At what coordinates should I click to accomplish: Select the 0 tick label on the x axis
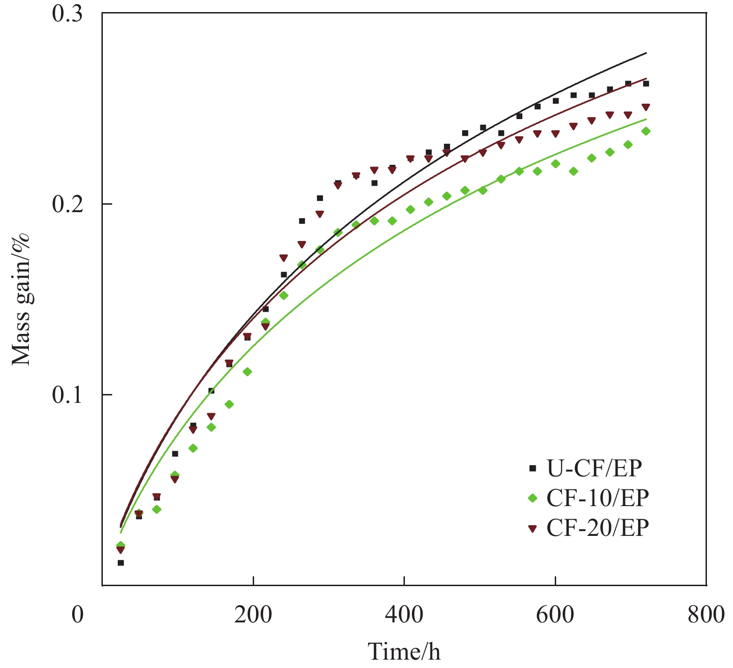click(78, 615)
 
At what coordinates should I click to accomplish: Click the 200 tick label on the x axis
click(253, 615)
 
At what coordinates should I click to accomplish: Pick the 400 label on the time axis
click(404, 615)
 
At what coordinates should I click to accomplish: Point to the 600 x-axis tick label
click(555, 615)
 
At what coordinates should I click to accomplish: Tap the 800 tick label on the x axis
click(706, 615)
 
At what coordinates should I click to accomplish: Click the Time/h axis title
click(404, 651)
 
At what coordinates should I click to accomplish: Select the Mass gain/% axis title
click(20, 299)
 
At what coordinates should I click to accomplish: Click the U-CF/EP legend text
click(594, 468)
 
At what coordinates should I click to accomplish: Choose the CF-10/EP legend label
click(598, 498)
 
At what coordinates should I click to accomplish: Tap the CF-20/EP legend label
click(598, 528)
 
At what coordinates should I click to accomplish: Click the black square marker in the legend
click(533, 468)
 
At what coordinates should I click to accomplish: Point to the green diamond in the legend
click(533, 498)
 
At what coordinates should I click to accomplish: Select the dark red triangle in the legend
click(533, 528)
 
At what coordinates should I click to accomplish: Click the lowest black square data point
click(121, 563)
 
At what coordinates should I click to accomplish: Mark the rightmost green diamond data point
click(646, 131)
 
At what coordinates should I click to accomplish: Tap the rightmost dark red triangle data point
click(646, 107)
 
